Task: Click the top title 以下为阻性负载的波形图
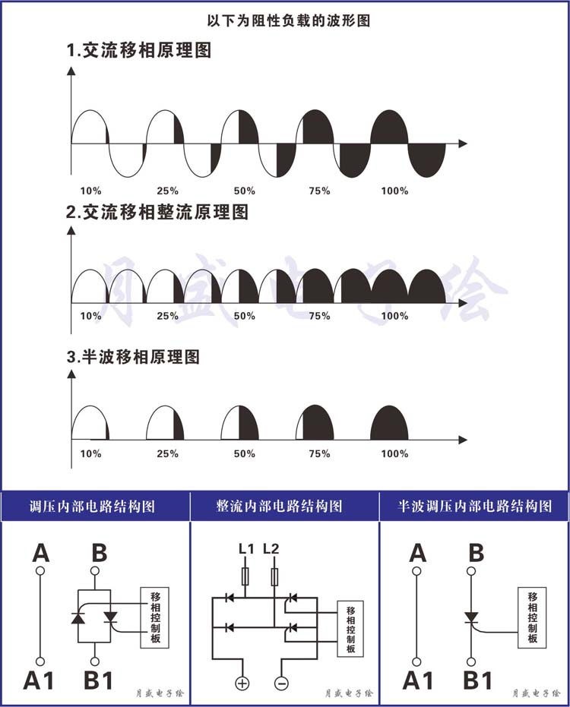pyautogui.click(x=288, y=21)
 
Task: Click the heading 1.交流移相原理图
pyautogui.click(x=138, y=50)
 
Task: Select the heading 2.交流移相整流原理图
pyautogui.click(x=157, y=211)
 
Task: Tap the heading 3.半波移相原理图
pyautogui.click(x=133, y=357)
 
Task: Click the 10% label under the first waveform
pyautogui.click(x=90, y=191)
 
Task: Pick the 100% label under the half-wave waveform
pyautogui.click(x=394, y=453)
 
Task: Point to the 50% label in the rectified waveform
pyautogui.click(x=244, y=316)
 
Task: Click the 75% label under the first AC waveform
pyautogui.click(x=319, y=191)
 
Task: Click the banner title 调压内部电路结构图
pyautogui.click(x=93, y=507)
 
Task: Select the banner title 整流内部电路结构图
pyautogui.click(x=279, y=507)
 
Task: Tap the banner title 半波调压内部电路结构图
pyautogui.click(x=475, y=507)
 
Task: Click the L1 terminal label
pyautogui.click(x=246, y=549)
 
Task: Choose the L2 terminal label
pyautogui.click(x=271, y=549)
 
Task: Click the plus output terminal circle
pyautogui.click(x=242, y=683)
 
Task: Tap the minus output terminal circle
pyautogui.click(x=281, y=683)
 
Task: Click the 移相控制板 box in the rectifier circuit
pyautogui.click(x=350, y=629)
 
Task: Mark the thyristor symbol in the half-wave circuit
pyautogui.click(x=471, y=617)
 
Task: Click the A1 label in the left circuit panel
pyautogui.click(x=38, y=680)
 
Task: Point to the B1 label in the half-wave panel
pyautogui.click(x=478, y=680)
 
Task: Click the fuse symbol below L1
pyautogui.click(x=245, y=576)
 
